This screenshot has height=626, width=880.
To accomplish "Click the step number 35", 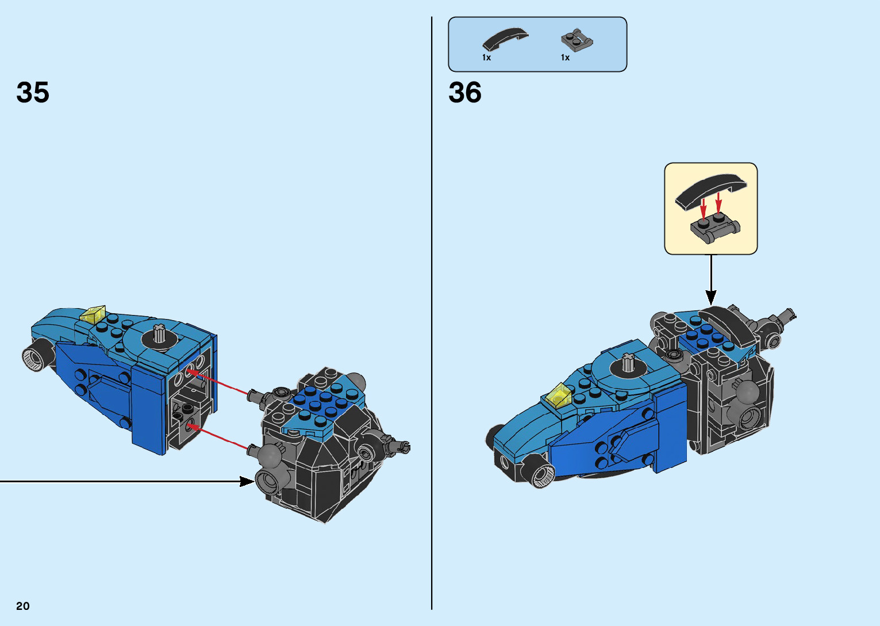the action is pos(33,93).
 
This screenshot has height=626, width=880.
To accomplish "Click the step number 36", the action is pos(465,93).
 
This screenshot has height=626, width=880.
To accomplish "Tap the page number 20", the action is pos(23,606).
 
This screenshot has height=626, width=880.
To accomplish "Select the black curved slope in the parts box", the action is pos(505,39).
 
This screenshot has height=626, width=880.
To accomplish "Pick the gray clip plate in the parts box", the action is pos(577,40).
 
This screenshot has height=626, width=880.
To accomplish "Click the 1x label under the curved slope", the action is pos(486,57).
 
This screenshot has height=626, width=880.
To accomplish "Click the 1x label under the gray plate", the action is pos(565,57).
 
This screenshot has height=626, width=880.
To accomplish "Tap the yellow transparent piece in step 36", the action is pos(558,395).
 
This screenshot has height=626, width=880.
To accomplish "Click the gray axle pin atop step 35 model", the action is pos(159,333).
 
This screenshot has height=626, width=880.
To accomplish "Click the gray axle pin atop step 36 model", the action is pos(628,363).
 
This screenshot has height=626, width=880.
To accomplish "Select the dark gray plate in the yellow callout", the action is pos(715,228).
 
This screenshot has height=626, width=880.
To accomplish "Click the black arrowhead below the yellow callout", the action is pos(711,297).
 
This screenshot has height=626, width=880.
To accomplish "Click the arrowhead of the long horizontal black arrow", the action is pos(247,481).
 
